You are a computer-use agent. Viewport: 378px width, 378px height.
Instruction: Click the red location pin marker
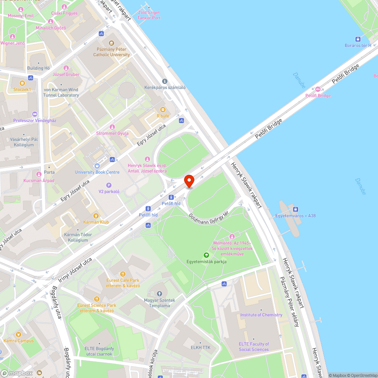[x=189, y=181]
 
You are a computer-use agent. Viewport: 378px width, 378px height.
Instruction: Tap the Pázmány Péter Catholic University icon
[x=111, y=43]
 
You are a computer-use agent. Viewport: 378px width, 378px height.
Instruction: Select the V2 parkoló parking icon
[x=109, y=185]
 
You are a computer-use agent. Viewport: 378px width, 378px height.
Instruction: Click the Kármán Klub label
[x=96, y=222]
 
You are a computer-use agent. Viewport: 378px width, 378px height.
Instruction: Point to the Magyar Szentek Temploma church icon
[x=159, y=294]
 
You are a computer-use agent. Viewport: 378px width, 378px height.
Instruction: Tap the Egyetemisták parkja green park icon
[x=206, y=255]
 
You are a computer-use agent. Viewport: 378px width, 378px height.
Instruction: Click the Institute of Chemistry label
[x=261, y=315]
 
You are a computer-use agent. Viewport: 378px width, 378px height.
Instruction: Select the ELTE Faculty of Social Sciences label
[x=254, y=347]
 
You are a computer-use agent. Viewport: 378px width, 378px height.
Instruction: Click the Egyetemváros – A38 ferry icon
[x=296, y=209]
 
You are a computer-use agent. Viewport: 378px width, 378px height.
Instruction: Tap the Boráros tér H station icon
[x=358, y=39]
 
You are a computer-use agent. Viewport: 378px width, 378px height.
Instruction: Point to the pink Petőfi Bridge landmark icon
[x=318, y=89]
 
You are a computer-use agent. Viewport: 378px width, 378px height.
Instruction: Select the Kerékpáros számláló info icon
[x=164, y=81]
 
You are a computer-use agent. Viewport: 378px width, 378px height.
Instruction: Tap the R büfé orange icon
[x=163, y=110]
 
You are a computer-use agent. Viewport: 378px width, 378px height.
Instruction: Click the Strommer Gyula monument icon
[x=112, y=127]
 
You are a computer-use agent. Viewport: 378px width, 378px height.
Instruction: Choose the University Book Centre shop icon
[x=97, y=166]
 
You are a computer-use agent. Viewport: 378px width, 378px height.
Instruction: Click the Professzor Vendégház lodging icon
[x=35, y=114]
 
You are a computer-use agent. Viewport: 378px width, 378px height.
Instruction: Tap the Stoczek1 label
[x=22, y=90]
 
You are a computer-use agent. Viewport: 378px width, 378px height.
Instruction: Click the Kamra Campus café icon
[x=19, y=335]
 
